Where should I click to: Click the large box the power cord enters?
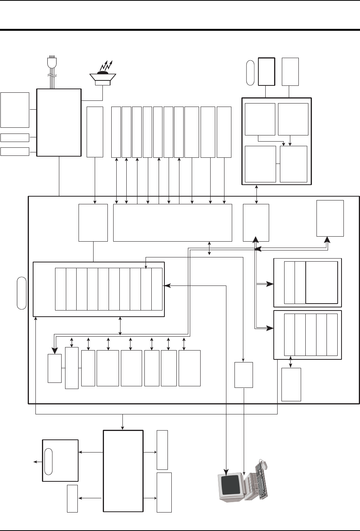[x=59, y=122]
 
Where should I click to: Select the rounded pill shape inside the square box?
[x=48, y=461]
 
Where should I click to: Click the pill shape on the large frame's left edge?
[x=22, y=292]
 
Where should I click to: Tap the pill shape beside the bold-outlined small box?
[x=250, y=72]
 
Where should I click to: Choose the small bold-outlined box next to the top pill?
[x=266, y=71]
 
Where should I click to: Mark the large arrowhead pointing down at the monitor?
[x=226, y=471]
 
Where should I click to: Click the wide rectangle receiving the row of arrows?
[x=172, y=222]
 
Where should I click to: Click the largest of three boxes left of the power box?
[x=15, y=110]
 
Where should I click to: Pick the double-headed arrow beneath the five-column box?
[x=290, y=363]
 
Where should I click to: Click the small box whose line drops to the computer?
[x=244, y=374]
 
